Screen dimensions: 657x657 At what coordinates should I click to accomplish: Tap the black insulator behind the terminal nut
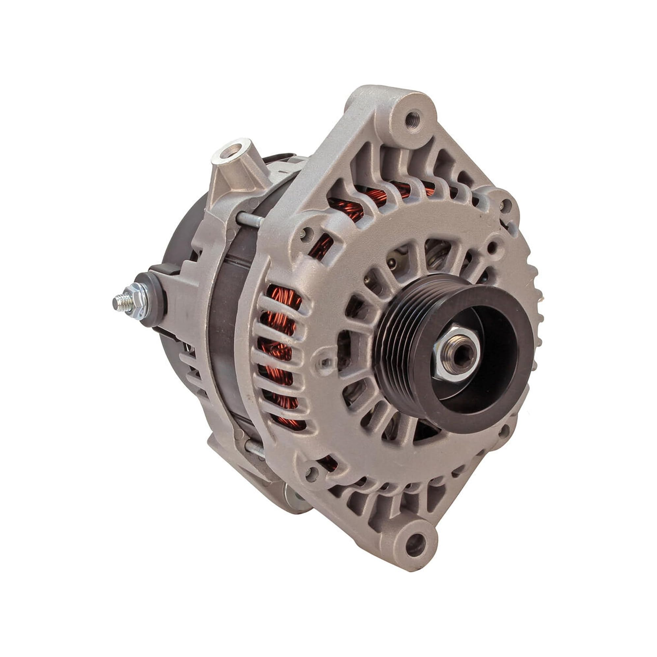(153, 299)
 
